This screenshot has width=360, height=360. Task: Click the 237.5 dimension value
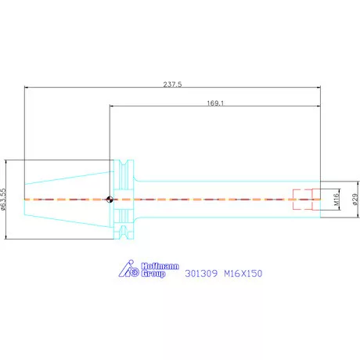tap(172, 85)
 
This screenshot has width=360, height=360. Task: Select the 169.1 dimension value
tap(215, 103)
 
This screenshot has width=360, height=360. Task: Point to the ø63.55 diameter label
tap(3, 200)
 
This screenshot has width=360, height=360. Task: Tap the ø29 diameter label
tap(355, 200)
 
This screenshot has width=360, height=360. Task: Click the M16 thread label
tap(337, 200)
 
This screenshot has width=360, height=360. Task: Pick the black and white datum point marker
tap(110, 200)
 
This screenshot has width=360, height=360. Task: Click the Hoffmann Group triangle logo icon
tap(128, 268)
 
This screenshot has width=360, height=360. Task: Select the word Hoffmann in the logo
tap(160, 266)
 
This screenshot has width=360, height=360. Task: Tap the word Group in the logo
tap(153, 274)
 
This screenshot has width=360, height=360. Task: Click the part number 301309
tap(201, 273)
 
